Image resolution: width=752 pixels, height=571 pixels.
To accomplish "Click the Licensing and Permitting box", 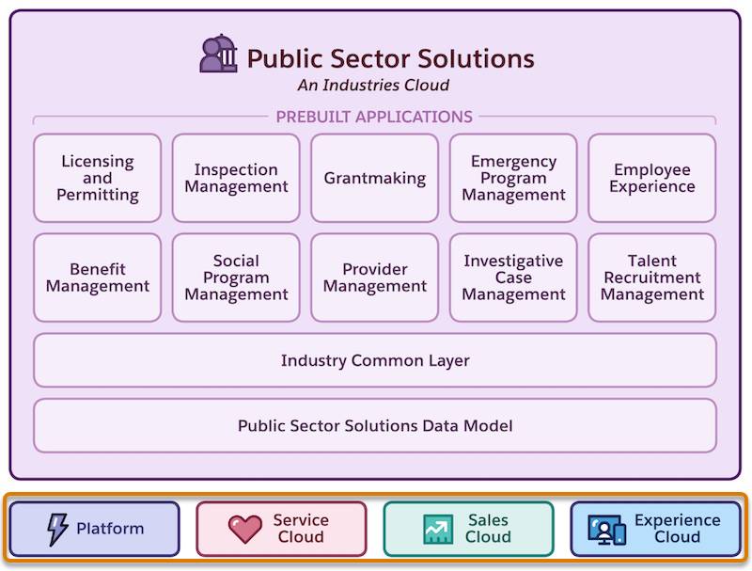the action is tap(98, 178).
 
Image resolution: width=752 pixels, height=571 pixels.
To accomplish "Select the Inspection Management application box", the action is tap(236, 178).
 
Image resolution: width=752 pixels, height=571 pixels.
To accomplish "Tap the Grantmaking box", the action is tap(375, 178).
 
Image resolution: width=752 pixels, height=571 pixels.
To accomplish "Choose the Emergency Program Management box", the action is tap(513, 178).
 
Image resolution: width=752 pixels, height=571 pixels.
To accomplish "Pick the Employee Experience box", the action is tap(652, 178).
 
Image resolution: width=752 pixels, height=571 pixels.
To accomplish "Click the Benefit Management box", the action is tap(98, 278).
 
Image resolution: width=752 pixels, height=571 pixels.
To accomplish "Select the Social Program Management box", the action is tap(236, 278).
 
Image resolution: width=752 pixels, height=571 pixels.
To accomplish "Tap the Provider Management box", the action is tap(375, 278).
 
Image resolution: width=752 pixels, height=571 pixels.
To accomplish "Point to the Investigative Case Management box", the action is tap(513, 278).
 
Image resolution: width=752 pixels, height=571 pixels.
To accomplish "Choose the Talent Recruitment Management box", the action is tap(652, 278).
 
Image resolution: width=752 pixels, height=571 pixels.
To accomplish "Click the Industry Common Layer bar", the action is tap(375, 360).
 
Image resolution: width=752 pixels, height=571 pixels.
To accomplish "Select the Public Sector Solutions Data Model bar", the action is tap(375, 425).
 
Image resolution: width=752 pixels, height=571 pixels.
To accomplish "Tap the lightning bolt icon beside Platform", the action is tap(57, 529).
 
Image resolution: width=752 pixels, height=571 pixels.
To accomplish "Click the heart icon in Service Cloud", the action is tap(245, 529).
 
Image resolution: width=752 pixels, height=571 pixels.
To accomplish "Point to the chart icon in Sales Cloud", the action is tap(438, 529).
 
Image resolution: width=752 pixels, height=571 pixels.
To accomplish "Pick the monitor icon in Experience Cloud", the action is tap(606, 530).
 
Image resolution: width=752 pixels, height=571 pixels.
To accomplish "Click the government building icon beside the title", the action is tap(219, 54).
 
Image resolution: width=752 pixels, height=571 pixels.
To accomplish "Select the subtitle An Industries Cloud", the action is tap(373, 86).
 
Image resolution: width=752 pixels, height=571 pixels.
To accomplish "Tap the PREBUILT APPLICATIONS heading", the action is tap(374, 118).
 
